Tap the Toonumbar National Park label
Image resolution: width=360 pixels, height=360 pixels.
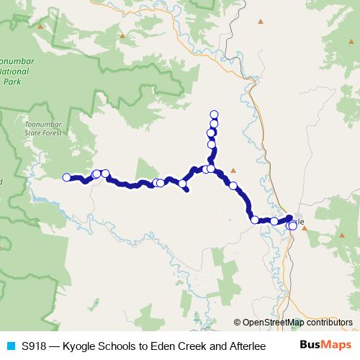click(x=15, y=73)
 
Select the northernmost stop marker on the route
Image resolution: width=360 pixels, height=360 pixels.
click(x=214, y=114)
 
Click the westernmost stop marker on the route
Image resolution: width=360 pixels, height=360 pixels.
click(x=67, y=177)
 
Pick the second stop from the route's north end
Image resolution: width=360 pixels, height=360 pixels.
click(x=214, y=123)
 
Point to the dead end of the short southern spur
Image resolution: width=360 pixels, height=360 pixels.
click(x=188, y=191)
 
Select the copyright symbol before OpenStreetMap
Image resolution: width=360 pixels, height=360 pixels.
click(x=238, y=323)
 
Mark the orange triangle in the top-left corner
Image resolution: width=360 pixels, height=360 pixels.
click(x=40, y=27)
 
